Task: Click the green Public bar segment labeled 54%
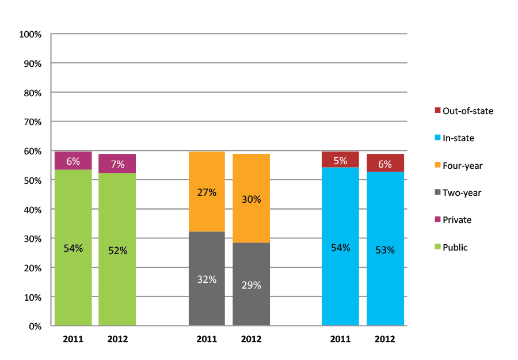click(x=73, y=248)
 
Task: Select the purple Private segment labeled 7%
click(x=117, y=164)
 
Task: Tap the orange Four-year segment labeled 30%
click(x=251, y=199)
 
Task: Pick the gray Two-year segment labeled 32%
click(x=207, y=279)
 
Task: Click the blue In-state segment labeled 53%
click(x=385, y=250)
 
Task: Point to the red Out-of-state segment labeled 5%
click(x=340, y=160)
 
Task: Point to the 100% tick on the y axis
click(x=31, y=35)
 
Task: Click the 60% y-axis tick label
click(x=32, y=151)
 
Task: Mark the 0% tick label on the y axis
click(x=35, y=327)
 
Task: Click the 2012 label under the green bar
click(x=117, y=339)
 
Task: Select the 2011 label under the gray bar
click(x=207, y=339)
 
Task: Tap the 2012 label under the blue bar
click(x=385, y=339)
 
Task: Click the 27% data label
click(x=207, y=192)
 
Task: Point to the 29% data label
click(x=251, y=285)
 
